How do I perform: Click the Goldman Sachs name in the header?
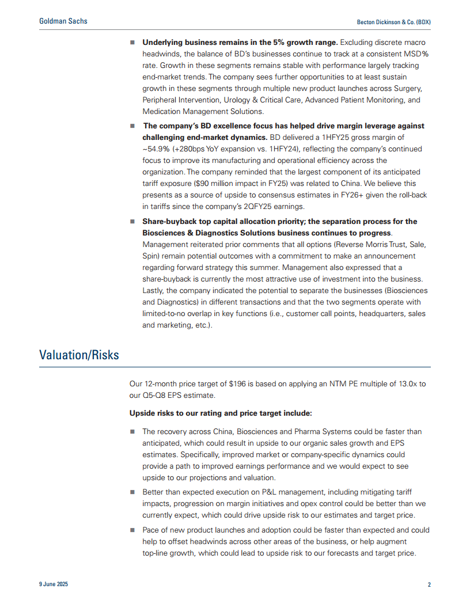tap(63, 21)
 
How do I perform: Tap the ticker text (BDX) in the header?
tap(422, 22)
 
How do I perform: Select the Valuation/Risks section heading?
tap(79, 355)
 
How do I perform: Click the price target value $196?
tap(236, 383)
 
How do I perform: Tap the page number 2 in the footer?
tap(429, 585)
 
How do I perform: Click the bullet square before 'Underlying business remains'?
tap(132, 43)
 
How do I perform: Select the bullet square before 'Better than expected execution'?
tap(132, 492)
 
